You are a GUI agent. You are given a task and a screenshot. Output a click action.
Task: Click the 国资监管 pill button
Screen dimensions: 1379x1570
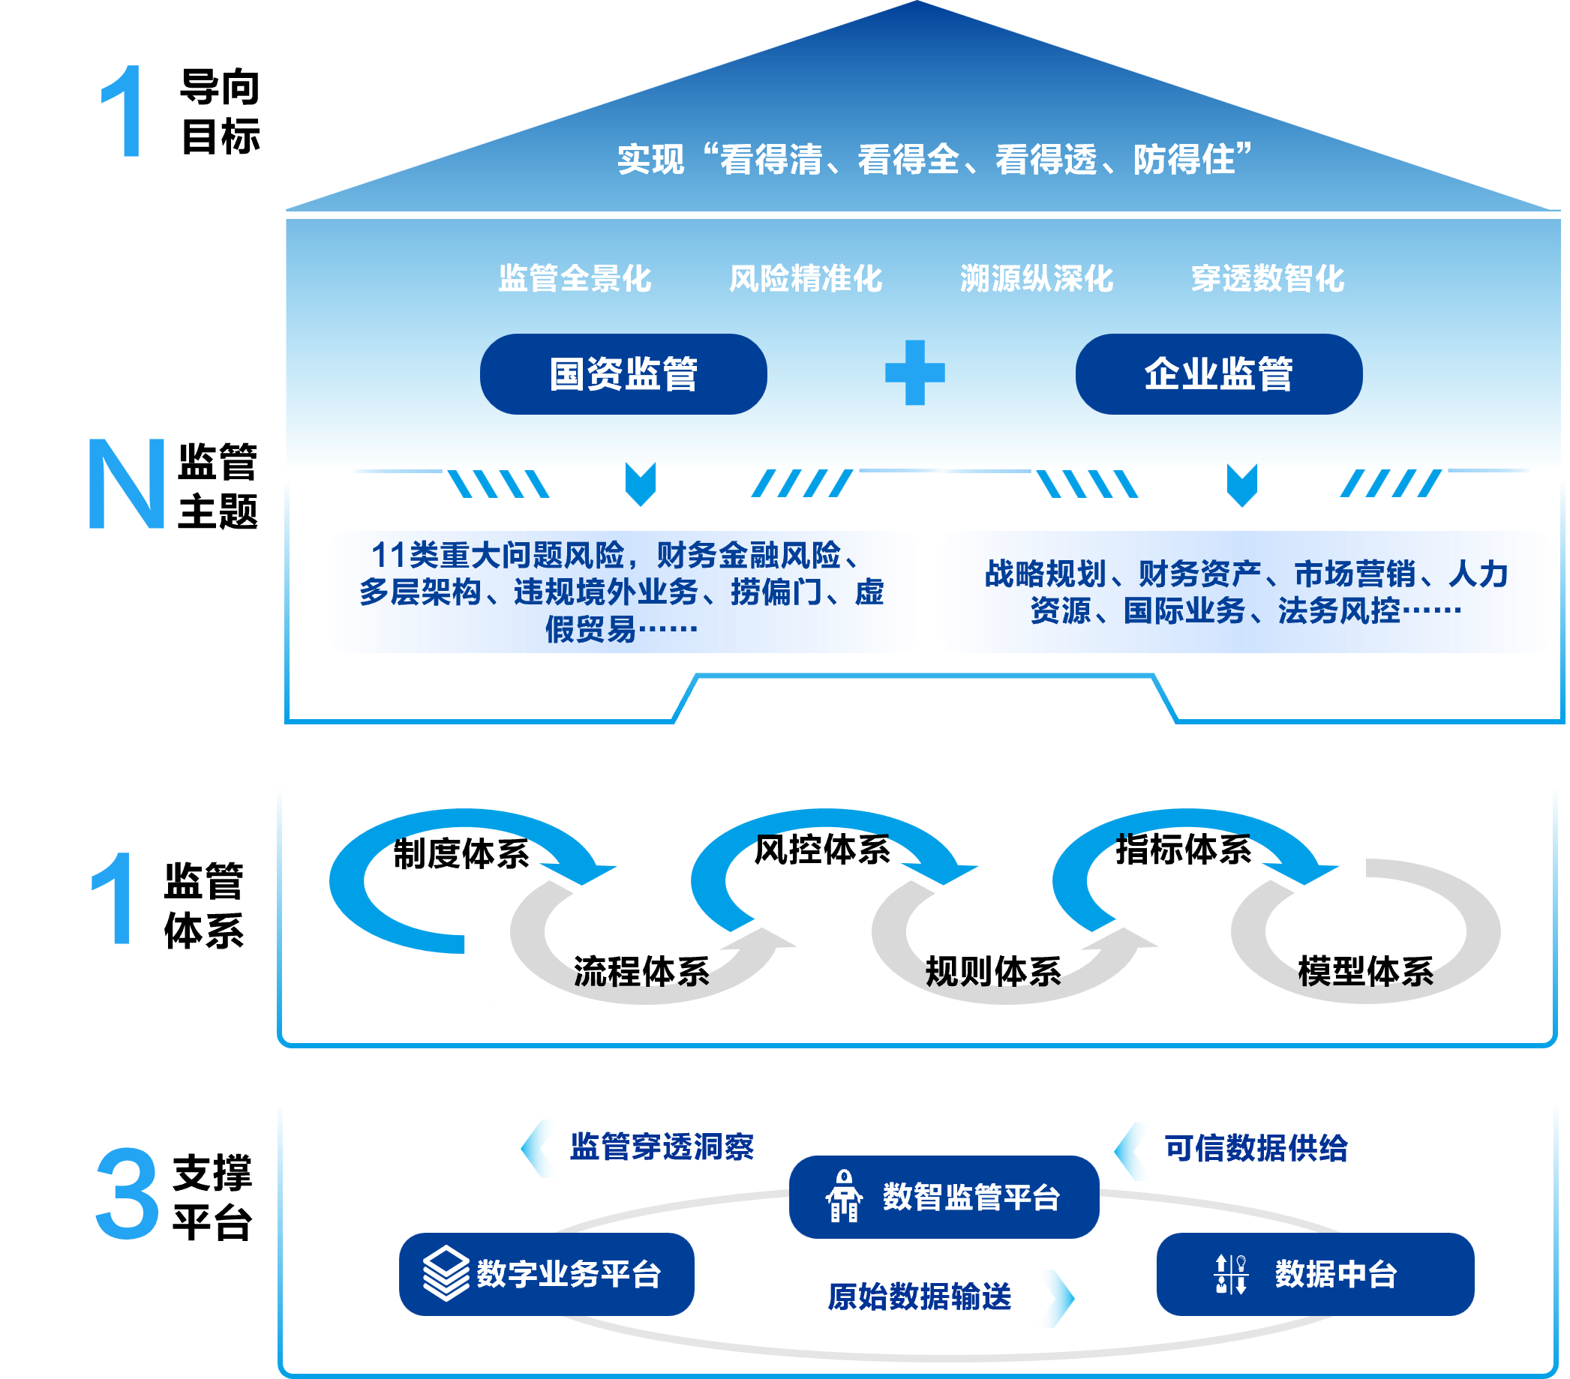[x=623, y=374]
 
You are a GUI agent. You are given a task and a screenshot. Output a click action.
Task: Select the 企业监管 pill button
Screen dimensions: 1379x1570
[x=1218, y=374]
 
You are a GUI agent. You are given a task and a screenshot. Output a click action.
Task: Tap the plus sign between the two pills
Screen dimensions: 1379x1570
[x=915, y=373]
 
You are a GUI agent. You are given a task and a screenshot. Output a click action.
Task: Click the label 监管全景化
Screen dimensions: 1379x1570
[x=575, y=278]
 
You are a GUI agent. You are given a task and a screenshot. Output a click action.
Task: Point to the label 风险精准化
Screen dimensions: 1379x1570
[x=806, y=278]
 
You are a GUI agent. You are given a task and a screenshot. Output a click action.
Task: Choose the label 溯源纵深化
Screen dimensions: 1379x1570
[x=1036, y=278]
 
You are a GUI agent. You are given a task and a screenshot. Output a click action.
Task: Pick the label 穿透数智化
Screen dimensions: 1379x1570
[x=1268, y=278]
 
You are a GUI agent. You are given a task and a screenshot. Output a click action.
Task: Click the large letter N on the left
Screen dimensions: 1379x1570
[x=127, y=484]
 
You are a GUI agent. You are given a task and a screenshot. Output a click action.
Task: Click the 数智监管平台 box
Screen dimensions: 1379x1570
[x=943, y=1196]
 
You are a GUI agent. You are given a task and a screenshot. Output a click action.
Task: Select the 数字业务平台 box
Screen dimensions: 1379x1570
[x=546, y=1274]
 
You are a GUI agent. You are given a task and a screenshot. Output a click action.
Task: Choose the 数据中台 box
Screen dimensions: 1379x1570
[x=1314, y=1274]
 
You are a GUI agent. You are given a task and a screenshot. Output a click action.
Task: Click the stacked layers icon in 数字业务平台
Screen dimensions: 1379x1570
[x=446, y=1274]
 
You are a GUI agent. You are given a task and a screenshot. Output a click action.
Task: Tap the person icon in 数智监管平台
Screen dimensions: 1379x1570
[x=843, y=1196]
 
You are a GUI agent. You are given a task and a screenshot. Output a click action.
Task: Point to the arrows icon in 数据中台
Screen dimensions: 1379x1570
[x=1230, y=1274]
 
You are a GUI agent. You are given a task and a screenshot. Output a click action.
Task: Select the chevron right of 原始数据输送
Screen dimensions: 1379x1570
[x=1055, y=1297]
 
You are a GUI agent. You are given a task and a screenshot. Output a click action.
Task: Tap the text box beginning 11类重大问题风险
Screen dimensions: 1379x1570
[x=621, y=591]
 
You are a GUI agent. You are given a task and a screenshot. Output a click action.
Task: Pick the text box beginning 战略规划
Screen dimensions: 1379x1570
[x=1245, y=591]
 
